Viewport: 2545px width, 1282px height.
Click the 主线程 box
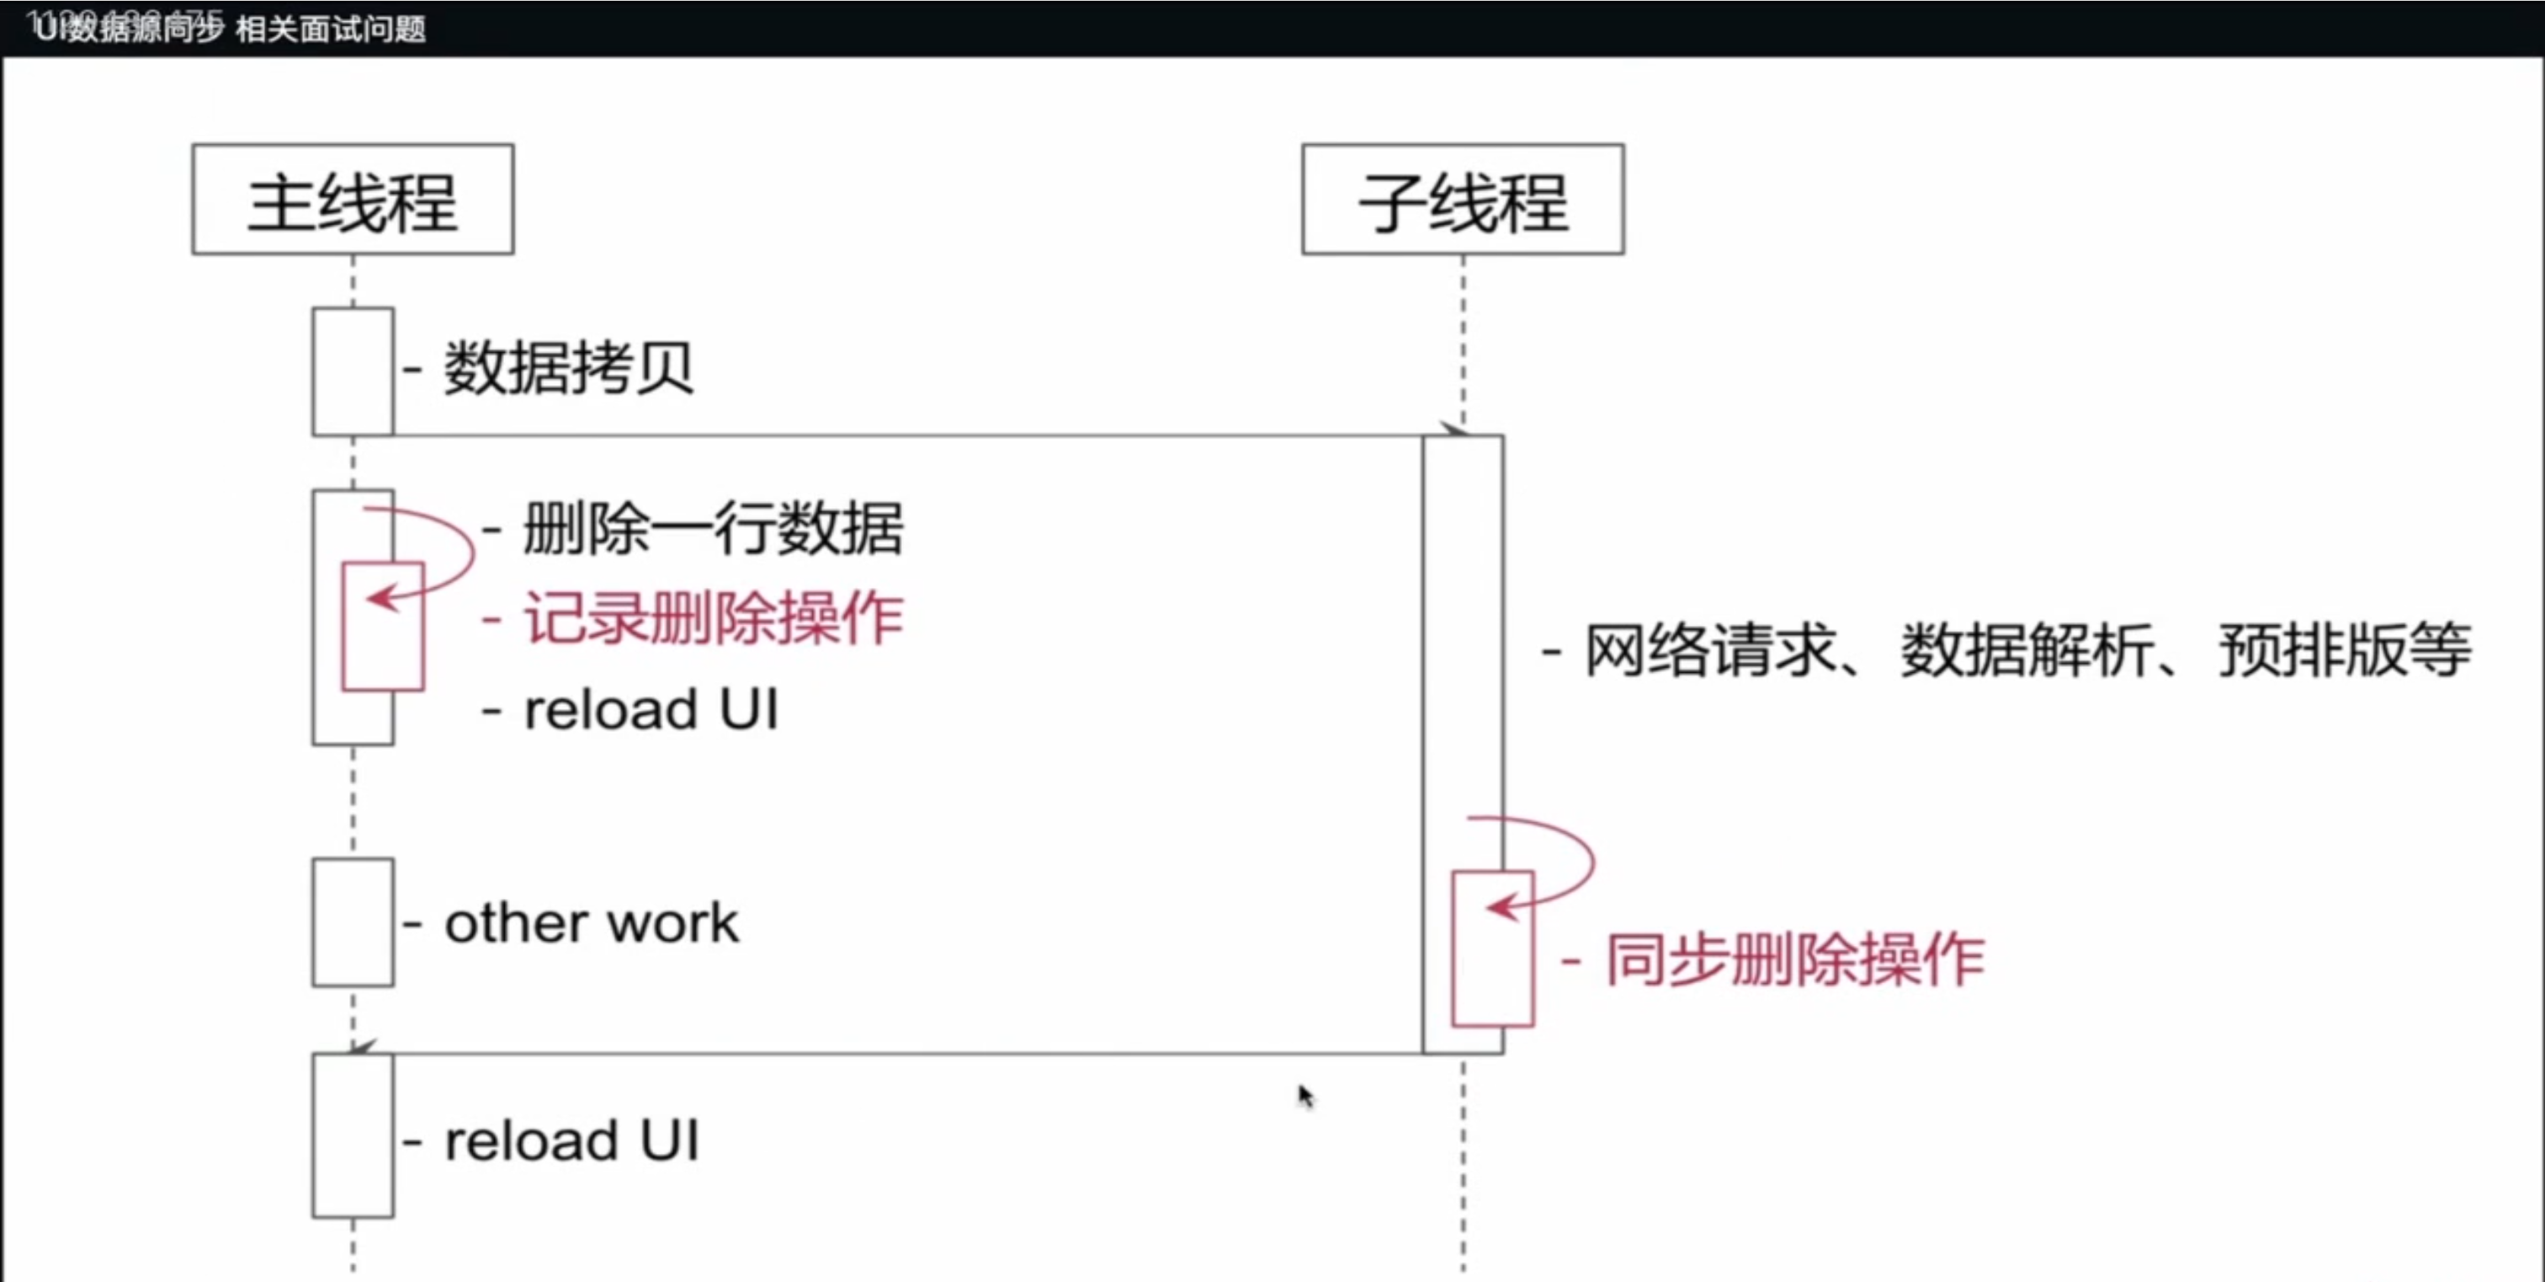tap(353, 200)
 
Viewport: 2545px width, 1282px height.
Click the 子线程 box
tap(1462, 200)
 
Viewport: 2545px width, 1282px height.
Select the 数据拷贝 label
tap(568, 369)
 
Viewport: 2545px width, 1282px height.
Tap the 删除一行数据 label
tap(712, 529)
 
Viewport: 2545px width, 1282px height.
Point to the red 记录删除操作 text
tap(712, 620)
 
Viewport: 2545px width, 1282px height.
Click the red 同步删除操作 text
tap(1794, 959)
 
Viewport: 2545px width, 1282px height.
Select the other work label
tap(591, 924)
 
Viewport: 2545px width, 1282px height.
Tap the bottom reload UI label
tap(572, 1140)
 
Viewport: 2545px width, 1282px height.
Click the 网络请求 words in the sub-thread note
tap(1710, 651)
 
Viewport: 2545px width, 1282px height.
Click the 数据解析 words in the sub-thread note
tap(2027, 651)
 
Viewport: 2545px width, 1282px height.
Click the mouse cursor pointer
tap(1305, 1095)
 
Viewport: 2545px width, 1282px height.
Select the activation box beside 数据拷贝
tap(353, 371)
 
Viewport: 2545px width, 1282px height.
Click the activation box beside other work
tap(353, 922)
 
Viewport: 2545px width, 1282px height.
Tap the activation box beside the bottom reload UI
tap(353, 1135)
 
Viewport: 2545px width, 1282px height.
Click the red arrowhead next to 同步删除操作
tap(1501, 905)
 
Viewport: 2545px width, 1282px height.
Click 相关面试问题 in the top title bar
tap(331, 29)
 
